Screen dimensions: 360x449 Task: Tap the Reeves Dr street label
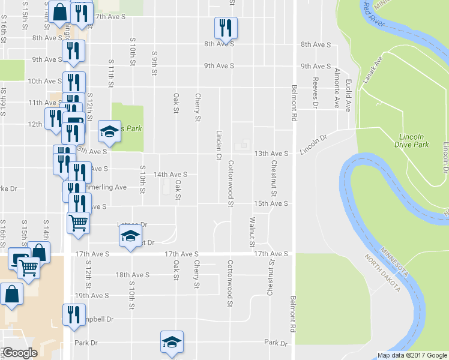pyautogui.click(x=315, y=93)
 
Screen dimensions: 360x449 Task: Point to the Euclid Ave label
pyautogui.click(x=348, y=97)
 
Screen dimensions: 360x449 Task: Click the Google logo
pyautogui.click(x=19, y=353)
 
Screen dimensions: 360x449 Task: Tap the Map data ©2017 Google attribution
pyautogui.click(x=412, y=355)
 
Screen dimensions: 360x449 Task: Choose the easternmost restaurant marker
pyautogui.click(x=226, y=28)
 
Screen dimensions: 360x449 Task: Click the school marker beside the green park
pyautogui.click(x=109, y=132)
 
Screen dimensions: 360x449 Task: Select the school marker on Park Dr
pyautogui.click(x=172, y=342)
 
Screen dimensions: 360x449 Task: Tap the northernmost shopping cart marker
pyautogui.click(x=78, y=223)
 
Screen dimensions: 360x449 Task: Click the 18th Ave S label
pyautogui.click(x=132, y=275)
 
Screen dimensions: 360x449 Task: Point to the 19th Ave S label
pyautogui.click(x=91, y=296)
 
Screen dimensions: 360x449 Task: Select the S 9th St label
pyautogui.click(x=154, y=60)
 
